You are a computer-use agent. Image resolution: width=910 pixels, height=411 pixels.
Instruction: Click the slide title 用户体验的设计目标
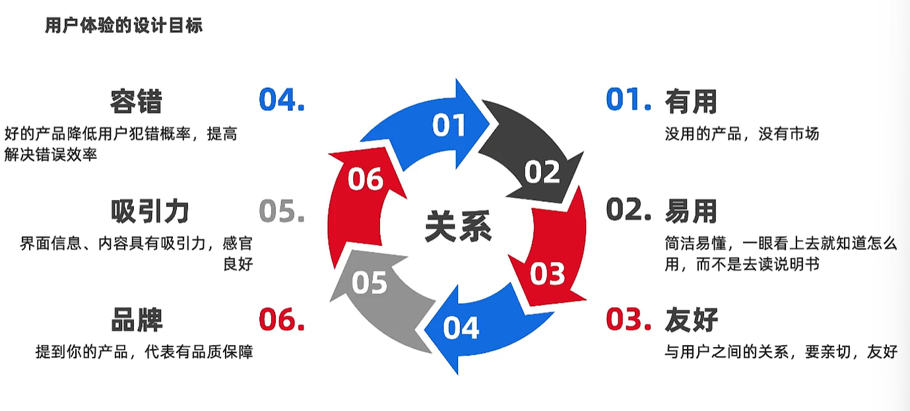(123, 26)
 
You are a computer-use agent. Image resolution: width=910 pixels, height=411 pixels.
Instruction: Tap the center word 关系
(458, 226)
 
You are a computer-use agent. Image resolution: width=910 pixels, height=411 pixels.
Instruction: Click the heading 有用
(690, 102)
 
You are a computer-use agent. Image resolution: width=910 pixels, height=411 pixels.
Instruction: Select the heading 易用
(690, 211)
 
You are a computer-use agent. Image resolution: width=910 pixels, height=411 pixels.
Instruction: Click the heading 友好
(690, 321)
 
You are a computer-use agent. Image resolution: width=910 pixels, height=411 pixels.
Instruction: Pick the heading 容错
(136, 102)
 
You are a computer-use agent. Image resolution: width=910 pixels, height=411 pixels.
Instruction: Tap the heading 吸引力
(150, 211)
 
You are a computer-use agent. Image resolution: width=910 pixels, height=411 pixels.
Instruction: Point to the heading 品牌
(136, 321)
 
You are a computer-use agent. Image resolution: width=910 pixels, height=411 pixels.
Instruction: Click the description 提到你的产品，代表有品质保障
(144, 352)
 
